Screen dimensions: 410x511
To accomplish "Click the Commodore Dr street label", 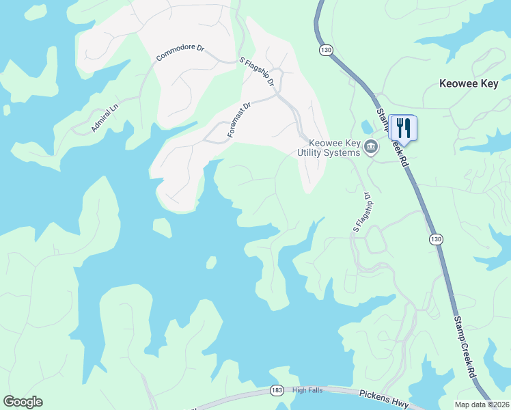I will pyautogui.click(x=180, y=53).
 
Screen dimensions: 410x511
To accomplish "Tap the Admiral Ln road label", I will pyautogui.click(x=105, y=118).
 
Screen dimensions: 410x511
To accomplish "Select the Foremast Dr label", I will pyautogui.click(x=240, y=120).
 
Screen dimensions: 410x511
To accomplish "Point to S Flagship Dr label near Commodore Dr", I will pyautogui.click(x=257, y=72).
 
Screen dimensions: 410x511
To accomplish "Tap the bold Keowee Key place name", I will pyautogui.click(x=473, y=85).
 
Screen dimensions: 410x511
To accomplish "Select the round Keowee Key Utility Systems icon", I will pyautogui.click(x=371, y=146).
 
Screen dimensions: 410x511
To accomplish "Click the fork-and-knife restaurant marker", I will pyautogui.click(x=403, y=128).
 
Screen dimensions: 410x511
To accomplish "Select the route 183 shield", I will pyautogui.click(x=276, y=390).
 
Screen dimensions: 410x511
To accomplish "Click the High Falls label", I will pyautogui.click(x=307, y=390).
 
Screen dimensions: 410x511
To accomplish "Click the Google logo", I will pyautogui.click(x=23, y=402).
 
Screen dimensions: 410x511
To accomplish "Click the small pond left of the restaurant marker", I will pyautogui.click(x=368, y=127).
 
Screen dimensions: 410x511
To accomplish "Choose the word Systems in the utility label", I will pyautogui.click(x=344, y=152).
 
